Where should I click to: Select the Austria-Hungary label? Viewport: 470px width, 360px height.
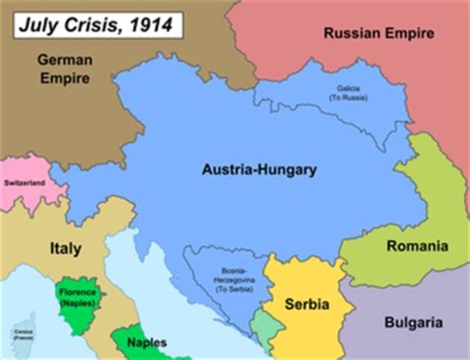[259, 169]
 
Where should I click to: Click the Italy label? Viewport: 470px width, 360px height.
[65, 247]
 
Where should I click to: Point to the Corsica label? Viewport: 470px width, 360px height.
[20, 331]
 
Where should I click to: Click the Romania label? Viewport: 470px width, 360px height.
[417, 245]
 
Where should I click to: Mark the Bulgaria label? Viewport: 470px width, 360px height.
[413, 323]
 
